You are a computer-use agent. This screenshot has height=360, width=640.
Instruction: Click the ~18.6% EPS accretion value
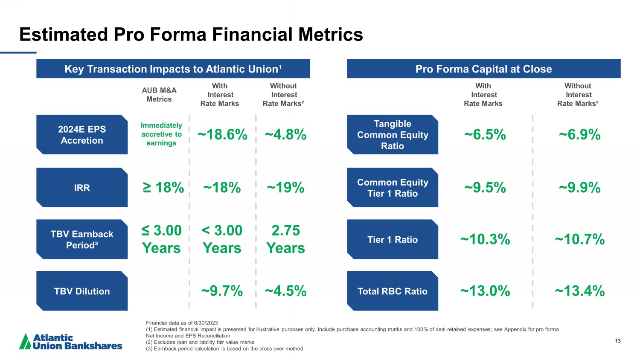point(222,135)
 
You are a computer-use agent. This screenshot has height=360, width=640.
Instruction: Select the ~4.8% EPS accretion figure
point(285,135)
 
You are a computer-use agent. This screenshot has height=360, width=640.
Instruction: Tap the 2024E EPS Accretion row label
point(82,135)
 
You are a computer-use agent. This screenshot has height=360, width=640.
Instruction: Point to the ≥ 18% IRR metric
point(163,188)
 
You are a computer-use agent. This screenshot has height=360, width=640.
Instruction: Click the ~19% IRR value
point(285,188)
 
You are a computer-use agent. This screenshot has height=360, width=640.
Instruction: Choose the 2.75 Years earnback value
point(285,239)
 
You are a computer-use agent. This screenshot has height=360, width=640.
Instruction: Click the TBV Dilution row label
point(82,291)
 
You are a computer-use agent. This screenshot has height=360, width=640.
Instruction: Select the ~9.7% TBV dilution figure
point(222,291)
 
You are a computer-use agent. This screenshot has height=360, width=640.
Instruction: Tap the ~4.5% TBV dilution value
point(285,291)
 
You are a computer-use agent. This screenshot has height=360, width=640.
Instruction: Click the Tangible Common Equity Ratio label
point(393,135)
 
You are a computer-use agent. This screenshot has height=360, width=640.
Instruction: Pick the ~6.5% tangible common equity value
point(485,135)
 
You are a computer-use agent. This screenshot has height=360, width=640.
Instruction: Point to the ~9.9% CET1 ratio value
point(579,188)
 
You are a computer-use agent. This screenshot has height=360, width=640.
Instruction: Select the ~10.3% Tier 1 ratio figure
point(485,239)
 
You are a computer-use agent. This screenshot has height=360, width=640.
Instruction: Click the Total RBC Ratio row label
point(393,291)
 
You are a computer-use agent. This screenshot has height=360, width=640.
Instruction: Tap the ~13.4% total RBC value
point(579,291)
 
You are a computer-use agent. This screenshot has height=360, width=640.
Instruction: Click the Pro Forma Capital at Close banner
point(483,69)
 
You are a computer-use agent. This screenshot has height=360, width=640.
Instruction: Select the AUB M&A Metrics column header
point(159,95)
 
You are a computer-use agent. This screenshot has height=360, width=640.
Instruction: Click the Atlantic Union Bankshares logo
point(71,342)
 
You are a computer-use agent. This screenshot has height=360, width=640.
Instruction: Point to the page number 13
point(618,341)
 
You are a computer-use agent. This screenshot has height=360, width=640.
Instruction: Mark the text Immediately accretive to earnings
point(161,134)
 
